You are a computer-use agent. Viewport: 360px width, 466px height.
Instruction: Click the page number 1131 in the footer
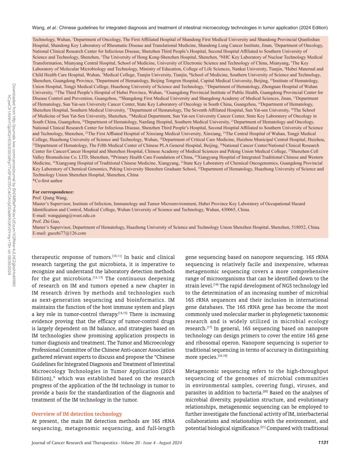pyautogui.click(x=323, y=442)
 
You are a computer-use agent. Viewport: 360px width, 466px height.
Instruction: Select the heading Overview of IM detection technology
pyautogui.click(x=77, y=414)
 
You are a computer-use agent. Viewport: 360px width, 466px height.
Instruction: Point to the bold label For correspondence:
pyautogui.click(x=53, y=192)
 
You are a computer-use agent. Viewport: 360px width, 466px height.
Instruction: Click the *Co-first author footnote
pyautogui.click(x=48, y=180)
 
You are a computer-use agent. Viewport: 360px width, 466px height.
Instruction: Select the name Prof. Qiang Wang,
pyautogui.click(x=50, y=198)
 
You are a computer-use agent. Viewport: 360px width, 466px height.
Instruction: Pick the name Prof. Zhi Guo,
pyautogui.click(x=46, y=221)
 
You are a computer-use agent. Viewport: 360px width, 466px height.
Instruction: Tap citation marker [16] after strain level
pyautogui.click(x=216, y=285)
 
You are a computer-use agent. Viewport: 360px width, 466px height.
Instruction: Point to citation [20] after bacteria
pyautogui.click(x=265, y=392)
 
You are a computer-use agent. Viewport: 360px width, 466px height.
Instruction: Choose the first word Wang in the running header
pyautogui.click(x=38, y=28)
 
